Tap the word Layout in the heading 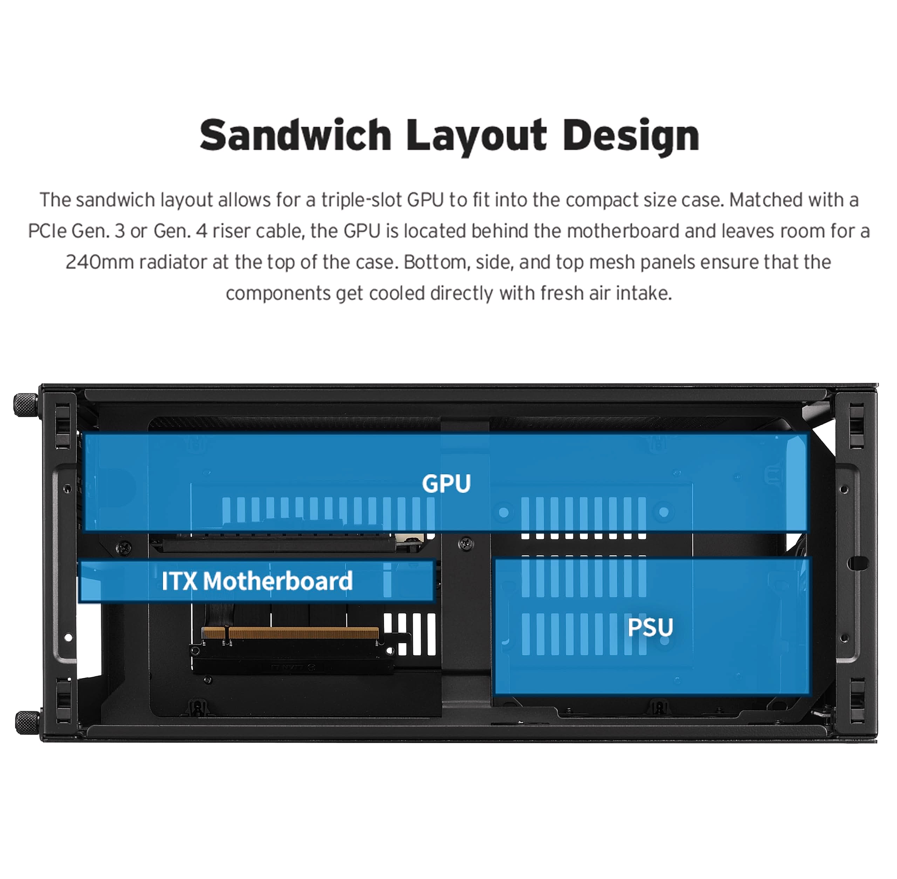click(477, 137)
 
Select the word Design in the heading click(631, 137)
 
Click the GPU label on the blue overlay click(446, 483)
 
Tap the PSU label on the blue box click(650, 627)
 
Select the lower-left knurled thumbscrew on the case click(27, 722)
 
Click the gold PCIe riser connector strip click(290, 632)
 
